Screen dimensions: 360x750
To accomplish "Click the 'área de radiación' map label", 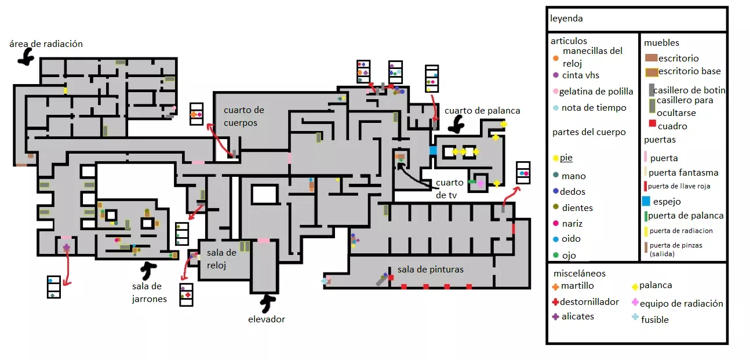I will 46,44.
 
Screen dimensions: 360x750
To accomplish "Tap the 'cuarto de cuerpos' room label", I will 244,116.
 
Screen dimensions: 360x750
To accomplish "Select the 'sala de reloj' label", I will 222,259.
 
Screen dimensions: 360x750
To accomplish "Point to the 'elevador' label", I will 267,319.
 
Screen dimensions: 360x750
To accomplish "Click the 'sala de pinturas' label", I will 430,270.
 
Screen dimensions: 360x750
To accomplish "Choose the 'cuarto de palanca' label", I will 482,111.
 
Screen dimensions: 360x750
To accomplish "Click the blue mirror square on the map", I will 433,151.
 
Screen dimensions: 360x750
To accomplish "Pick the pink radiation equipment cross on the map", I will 480,183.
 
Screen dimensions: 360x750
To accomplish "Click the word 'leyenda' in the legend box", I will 566,19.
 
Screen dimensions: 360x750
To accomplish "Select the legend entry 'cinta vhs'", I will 580,75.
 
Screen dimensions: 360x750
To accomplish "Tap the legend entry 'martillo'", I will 577,286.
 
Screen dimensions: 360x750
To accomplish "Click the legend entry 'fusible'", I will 654,319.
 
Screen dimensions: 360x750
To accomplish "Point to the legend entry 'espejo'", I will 667,202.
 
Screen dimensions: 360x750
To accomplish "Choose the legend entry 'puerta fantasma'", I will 683,172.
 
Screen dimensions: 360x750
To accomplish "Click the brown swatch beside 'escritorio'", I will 650,58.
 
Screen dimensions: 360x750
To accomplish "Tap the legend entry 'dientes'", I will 577,208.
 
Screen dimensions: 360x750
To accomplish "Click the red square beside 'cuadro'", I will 652,124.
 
